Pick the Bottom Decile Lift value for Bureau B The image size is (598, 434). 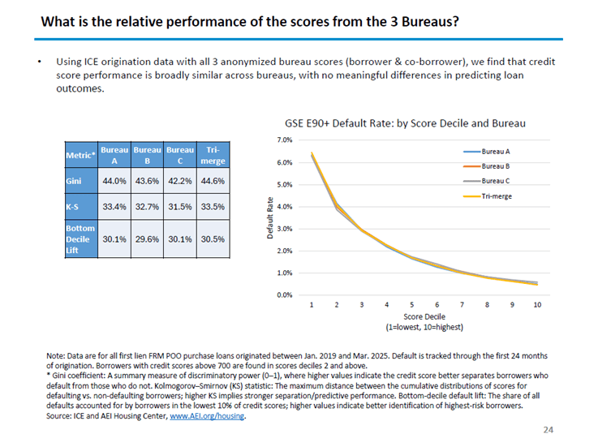pos(147,239)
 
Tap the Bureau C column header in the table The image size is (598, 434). pos(179,154)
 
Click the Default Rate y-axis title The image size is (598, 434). pos(270,217)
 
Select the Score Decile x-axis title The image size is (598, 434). pos(424,318)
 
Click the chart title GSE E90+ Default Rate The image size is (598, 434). pos(404,124)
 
